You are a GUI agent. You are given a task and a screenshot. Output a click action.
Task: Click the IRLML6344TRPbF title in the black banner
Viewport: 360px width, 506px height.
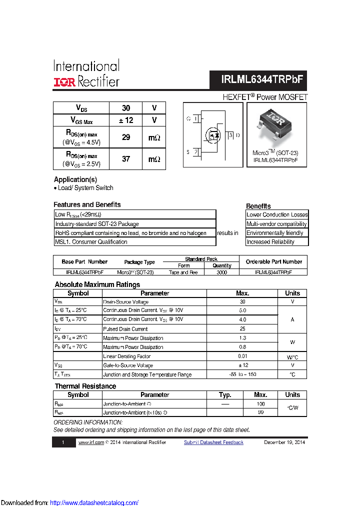(262, 79)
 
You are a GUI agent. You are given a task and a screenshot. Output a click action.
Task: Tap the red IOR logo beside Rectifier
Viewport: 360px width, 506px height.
(65, 82)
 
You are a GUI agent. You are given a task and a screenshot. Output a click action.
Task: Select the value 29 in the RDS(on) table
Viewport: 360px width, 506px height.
(126, 137)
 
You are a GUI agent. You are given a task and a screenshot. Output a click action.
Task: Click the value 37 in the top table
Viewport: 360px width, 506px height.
(126, 159)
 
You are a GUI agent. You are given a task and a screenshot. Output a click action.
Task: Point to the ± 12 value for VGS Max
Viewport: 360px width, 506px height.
(126, 120)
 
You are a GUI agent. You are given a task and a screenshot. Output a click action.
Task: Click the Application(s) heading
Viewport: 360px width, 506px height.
(75, 179)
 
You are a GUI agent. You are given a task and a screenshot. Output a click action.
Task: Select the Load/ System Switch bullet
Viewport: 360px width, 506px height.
(84, 188)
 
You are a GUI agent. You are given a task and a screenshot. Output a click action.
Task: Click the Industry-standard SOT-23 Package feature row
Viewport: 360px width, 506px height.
(97, 224)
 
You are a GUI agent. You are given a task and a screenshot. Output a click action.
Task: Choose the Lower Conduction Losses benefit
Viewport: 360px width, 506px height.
(277, 215)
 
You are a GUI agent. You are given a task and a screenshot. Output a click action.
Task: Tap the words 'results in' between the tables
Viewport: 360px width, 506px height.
(228, 233)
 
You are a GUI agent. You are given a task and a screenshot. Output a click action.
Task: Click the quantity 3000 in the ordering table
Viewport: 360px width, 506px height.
(222, 272)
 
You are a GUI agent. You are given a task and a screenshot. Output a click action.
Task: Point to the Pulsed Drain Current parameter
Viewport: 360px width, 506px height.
(125, 329)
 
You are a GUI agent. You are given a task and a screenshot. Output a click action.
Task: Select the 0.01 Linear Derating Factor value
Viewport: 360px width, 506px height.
(242, 356)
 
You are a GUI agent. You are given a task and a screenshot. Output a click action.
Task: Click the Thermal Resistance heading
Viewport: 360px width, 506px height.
(85, 386)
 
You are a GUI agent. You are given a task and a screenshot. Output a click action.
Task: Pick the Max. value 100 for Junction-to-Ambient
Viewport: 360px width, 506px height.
(260, 404)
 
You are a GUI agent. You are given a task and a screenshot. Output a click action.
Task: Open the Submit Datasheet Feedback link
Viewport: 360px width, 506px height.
(213, 442)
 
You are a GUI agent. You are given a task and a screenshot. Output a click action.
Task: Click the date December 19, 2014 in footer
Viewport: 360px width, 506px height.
(284, 442)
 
